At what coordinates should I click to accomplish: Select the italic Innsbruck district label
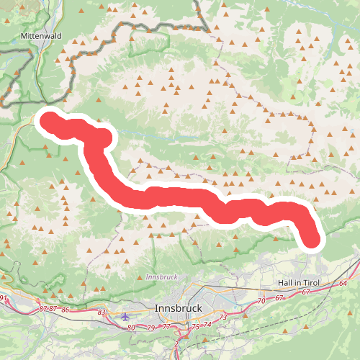(161, 276)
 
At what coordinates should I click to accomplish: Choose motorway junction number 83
(102, 312)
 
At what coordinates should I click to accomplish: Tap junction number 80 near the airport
(130, 328)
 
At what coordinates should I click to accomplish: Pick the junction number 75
(194, 327)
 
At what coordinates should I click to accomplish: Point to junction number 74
(208, 324)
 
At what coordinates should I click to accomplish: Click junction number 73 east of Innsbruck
(223, 317)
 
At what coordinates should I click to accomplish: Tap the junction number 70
(261, 300)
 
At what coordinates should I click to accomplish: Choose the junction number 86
(66, 309)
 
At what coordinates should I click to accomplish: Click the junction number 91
(4, 297)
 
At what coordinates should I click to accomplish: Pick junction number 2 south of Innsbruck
(176, 344)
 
